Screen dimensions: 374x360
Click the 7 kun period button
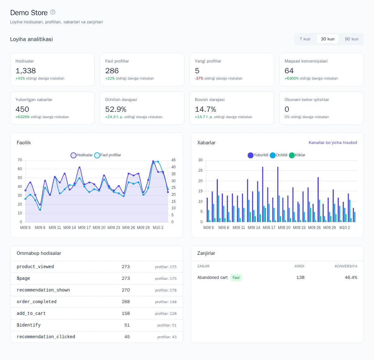coord(305,39)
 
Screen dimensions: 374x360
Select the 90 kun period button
coord(351,39)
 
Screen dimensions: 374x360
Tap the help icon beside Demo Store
coord(53,12)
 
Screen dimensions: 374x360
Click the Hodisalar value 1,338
coord(26,71)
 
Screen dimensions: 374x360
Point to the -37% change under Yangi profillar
coord(199,78)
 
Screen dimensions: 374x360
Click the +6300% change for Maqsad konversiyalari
coord(292,78)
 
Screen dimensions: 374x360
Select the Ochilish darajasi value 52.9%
coord(116,110)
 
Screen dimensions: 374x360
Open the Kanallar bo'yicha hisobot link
coord(333,142)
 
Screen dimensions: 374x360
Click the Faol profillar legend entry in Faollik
coord(108,155)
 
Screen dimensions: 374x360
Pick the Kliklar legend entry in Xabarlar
coord(297,155)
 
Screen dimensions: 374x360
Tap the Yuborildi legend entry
coord(258,155)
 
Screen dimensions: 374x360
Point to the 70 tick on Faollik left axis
coord(20,160)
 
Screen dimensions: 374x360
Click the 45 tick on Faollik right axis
coord(173,160)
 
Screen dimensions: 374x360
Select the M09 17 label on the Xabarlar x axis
coord(269,228)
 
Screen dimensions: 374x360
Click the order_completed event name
coord(37,302)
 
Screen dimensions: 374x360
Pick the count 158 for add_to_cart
coord(126,314)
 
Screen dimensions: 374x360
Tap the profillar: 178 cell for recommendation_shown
coord(166,291)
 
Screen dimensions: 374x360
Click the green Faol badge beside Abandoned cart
coord(236,278)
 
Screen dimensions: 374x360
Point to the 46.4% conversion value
coord(351,278)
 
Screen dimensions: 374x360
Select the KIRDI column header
coord(299,266)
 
